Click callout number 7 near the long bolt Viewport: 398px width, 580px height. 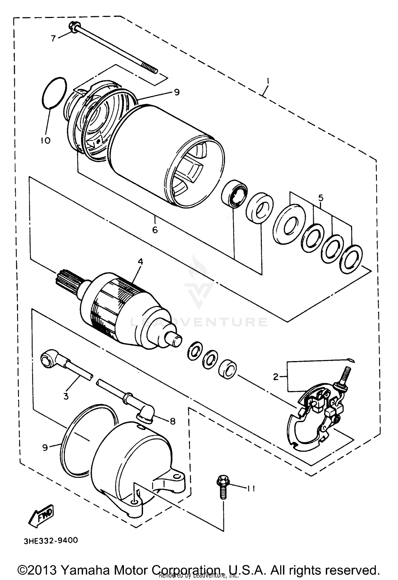point(54,38)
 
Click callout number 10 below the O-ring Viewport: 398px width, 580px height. point(46,140)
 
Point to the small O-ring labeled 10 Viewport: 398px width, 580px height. point(54,93)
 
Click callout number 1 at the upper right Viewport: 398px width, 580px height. point(268,80)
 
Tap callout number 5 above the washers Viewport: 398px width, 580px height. point(321,198)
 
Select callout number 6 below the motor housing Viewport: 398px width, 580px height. point(155,230)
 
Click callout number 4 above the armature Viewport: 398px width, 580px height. point(140,262)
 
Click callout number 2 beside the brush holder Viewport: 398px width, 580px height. point(276,376)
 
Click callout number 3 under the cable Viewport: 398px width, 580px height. point(66,396)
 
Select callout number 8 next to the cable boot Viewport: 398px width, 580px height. point(172,421)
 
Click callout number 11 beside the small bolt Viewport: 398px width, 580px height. point(251,488)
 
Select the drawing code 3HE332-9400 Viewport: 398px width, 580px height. point(51,541)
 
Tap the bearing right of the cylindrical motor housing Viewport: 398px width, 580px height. point(234,193)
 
